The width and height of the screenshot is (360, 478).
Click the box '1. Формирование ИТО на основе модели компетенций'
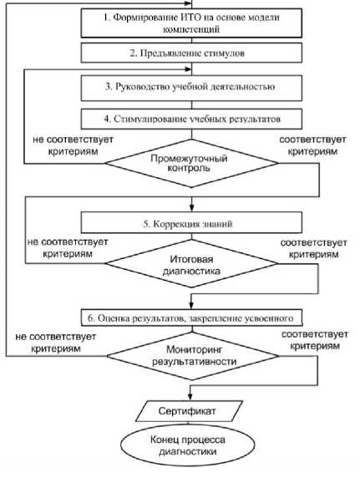pos(191,23)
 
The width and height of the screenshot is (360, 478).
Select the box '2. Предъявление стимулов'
pos(191,53)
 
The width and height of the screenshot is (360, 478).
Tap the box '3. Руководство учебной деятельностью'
pos(191,88)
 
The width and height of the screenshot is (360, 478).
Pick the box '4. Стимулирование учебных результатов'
pos(191,119)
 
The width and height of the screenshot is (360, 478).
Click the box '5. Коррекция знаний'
pos(191,223)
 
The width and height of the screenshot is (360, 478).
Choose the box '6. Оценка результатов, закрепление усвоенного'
pos(191,318)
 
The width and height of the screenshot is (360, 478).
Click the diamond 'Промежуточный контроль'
pos(191,163)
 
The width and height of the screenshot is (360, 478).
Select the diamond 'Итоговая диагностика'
pos(191,264)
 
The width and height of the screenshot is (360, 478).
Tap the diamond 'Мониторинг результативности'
pos(192,356)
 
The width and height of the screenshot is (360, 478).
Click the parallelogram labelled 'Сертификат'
pos(189,411)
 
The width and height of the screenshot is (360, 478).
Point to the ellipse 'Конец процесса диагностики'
pos(187,445)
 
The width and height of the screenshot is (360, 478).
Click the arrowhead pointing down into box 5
pos(191,208)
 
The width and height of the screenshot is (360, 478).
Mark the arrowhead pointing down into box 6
pos(191,306)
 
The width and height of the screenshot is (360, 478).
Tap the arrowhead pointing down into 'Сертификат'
pos(190,397)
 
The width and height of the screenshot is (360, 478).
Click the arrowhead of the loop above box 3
pos(188,69)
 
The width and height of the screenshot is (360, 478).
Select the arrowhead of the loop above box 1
pos(188,3)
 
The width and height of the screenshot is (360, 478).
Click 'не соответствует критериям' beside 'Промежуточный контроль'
pos(74,145)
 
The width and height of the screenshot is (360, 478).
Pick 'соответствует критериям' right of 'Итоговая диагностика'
pos(314,248)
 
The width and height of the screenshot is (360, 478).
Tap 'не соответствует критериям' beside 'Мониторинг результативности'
pos(56,343)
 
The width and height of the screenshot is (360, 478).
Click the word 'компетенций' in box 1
pos(191,29)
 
